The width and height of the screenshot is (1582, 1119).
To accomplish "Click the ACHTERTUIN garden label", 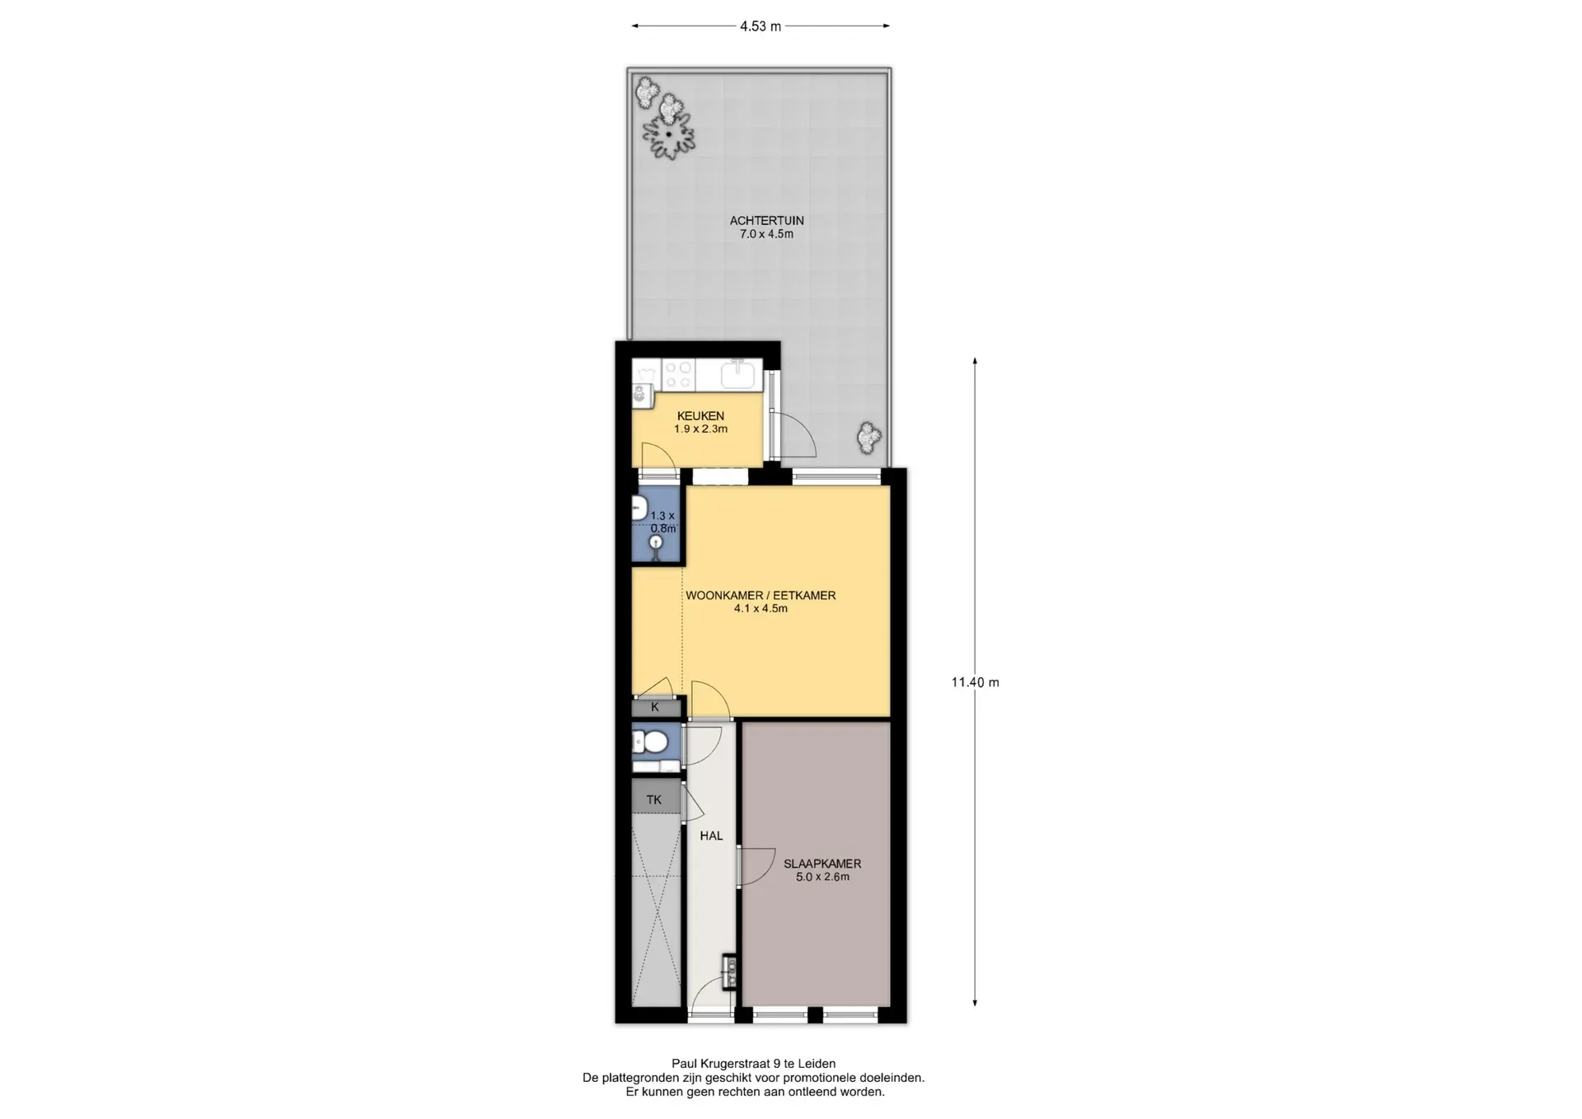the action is tap(766, 221).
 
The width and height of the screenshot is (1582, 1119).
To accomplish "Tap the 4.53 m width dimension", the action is tap(761, 26).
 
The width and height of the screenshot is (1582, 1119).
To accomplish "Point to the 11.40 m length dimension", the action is tap(975, 682).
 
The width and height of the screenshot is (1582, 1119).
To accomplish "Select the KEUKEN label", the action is tap(700, 416).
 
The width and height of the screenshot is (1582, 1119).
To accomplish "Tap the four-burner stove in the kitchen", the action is tap(679, 375).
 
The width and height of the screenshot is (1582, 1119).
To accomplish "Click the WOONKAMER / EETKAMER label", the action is tap(761, 596).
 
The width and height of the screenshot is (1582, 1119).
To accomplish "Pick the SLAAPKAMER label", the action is tap(822, 864).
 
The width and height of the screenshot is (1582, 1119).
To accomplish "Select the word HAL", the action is tap(711, 836).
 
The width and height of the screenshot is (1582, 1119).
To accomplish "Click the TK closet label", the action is tap(654, 799).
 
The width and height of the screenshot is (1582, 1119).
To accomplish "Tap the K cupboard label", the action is tap(655, 707).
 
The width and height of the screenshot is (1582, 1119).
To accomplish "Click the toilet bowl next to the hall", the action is tap(654, 744).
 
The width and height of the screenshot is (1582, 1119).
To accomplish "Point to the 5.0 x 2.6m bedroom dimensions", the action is tap(822, 877).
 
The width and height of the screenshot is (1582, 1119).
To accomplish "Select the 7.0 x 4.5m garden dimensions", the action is tap(766, 234).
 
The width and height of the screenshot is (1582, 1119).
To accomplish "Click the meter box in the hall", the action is tap(729, 972).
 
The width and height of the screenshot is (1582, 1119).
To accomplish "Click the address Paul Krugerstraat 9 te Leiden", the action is tap(753, 1064).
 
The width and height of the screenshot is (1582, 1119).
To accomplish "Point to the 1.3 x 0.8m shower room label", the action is tap(662, 522).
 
